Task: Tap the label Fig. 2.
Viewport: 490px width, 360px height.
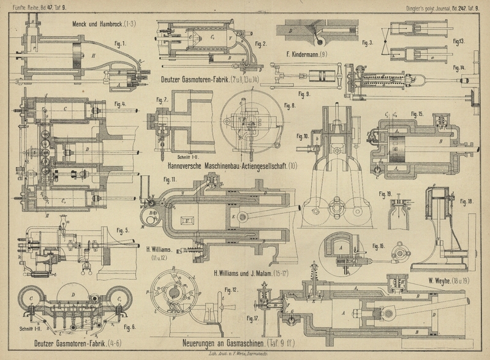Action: tap(260, 44)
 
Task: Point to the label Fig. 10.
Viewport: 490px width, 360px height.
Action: tap(303, 136)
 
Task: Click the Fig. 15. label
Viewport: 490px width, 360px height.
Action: tap(418, 114)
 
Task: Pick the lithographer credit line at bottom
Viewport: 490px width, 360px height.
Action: tap(244, 354)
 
